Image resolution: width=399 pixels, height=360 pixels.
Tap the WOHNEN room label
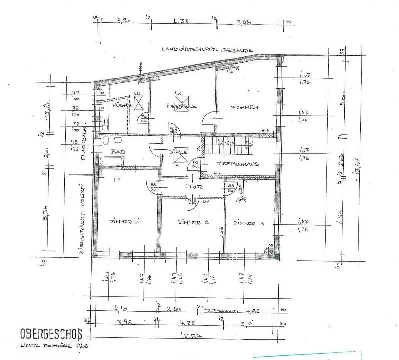[x=244, y=107]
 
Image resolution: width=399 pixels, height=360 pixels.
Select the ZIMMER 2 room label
[x=193, y=222]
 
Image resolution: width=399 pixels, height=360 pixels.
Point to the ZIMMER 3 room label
[x=249, y=223]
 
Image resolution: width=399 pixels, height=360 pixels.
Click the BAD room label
[x=118, y=152]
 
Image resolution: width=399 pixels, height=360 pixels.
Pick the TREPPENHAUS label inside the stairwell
[x=238, y=164]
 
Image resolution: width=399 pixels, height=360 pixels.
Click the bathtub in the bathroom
[x=112, y=161]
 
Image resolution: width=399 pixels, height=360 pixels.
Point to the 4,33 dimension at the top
[x=181, y=22]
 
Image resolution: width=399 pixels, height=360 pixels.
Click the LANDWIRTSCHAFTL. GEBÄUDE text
[x=207, y=49]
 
